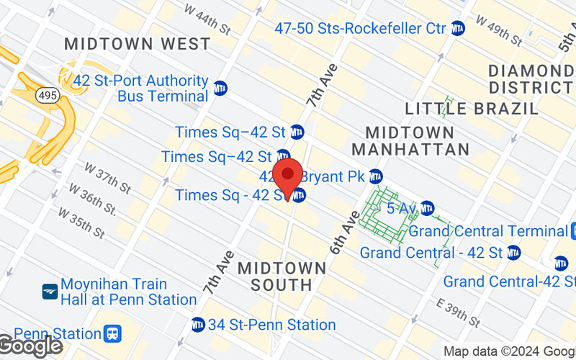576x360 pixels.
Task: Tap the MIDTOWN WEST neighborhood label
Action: pos(138,44)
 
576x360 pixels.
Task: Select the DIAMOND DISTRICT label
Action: pos(531,79)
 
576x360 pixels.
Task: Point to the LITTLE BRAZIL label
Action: pos(472,109)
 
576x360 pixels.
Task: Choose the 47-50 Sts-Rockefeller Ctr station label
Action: pos(361,28)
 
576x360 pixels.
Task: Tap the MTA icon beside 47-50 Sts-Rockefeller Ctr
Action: pos(458,28)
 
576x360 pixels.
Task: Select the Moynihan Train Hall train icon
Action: pos(50,292)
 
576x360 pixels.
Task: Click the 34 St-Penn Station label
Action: pos(271,325)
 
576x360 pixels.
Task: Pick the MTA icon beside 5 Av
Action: pos(428,209)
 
